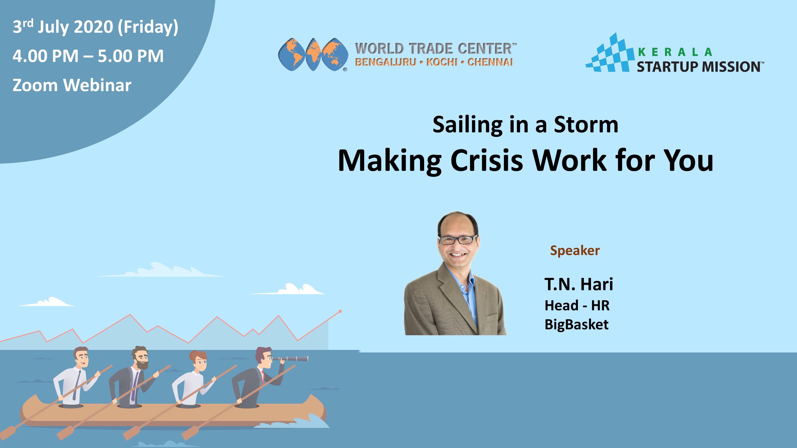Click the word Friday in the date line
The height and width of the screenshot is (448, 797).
tap(148, 27)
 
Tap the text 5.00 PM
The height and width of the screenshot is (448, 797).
tap(131, 56)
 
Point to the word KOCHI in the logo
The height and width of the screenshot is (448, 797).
tap(442, 62)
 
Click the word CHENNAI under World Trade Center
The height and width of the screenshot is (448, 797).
tap(490, 62)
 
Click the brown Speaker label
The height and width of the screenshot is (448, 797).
tap(575, 251)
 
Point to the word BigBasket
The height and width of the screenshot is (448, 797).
tap(576, 325)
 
